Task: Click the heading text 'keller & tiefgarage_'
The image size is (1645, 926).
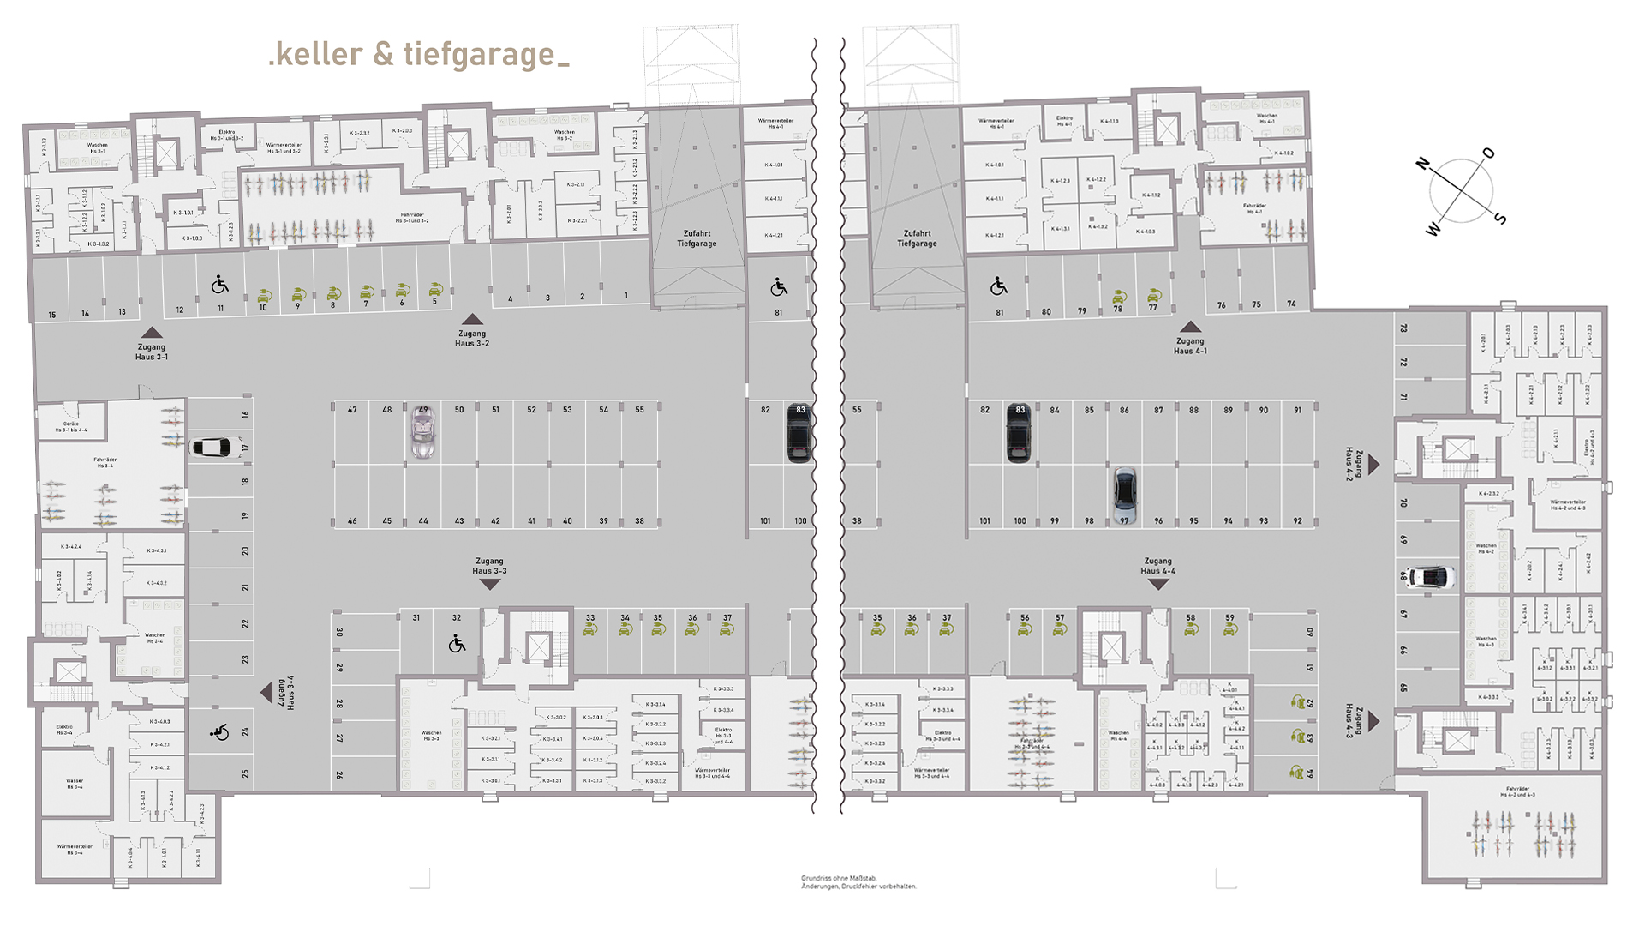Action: point(418,54)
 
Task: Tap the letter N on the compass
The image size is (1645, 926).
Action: point(1423,163)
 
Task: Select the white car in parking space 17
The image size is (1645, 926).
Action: point(217,448)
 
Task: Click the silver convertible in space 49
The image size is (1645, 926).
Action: point(422,431)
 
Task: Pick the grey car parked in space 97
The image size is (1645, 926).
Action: point(1124,495)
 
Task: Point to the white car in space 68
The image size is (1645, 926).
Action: point(1430,576)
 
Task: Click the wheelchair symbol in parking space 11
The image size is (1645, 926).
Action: point(220,286)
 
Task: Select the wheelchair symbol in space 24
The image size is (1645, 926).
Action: point(220,731)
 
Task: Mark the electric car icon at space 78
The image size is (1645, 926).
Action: point(1118,296)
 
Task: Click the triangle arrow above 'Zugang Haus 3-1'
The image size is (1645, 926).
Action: point(152,333)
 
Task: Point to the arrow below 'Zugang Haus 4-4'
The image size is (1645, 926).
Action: point(1158,585)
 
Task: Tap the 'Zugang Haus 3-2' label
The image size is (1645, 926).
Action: point(472,338)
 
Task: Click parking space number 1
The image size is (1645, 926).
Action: point(625,296)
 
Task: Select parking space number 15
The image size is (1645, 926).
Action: point(52,315)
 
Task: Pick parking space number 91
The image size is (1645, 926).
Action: point(1297,410)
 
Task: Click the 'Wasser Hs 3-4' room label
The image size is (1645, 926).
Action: point(75,783)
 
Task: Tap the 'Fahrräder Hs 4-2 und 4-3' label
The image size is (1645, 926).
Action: point(1517,792)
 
